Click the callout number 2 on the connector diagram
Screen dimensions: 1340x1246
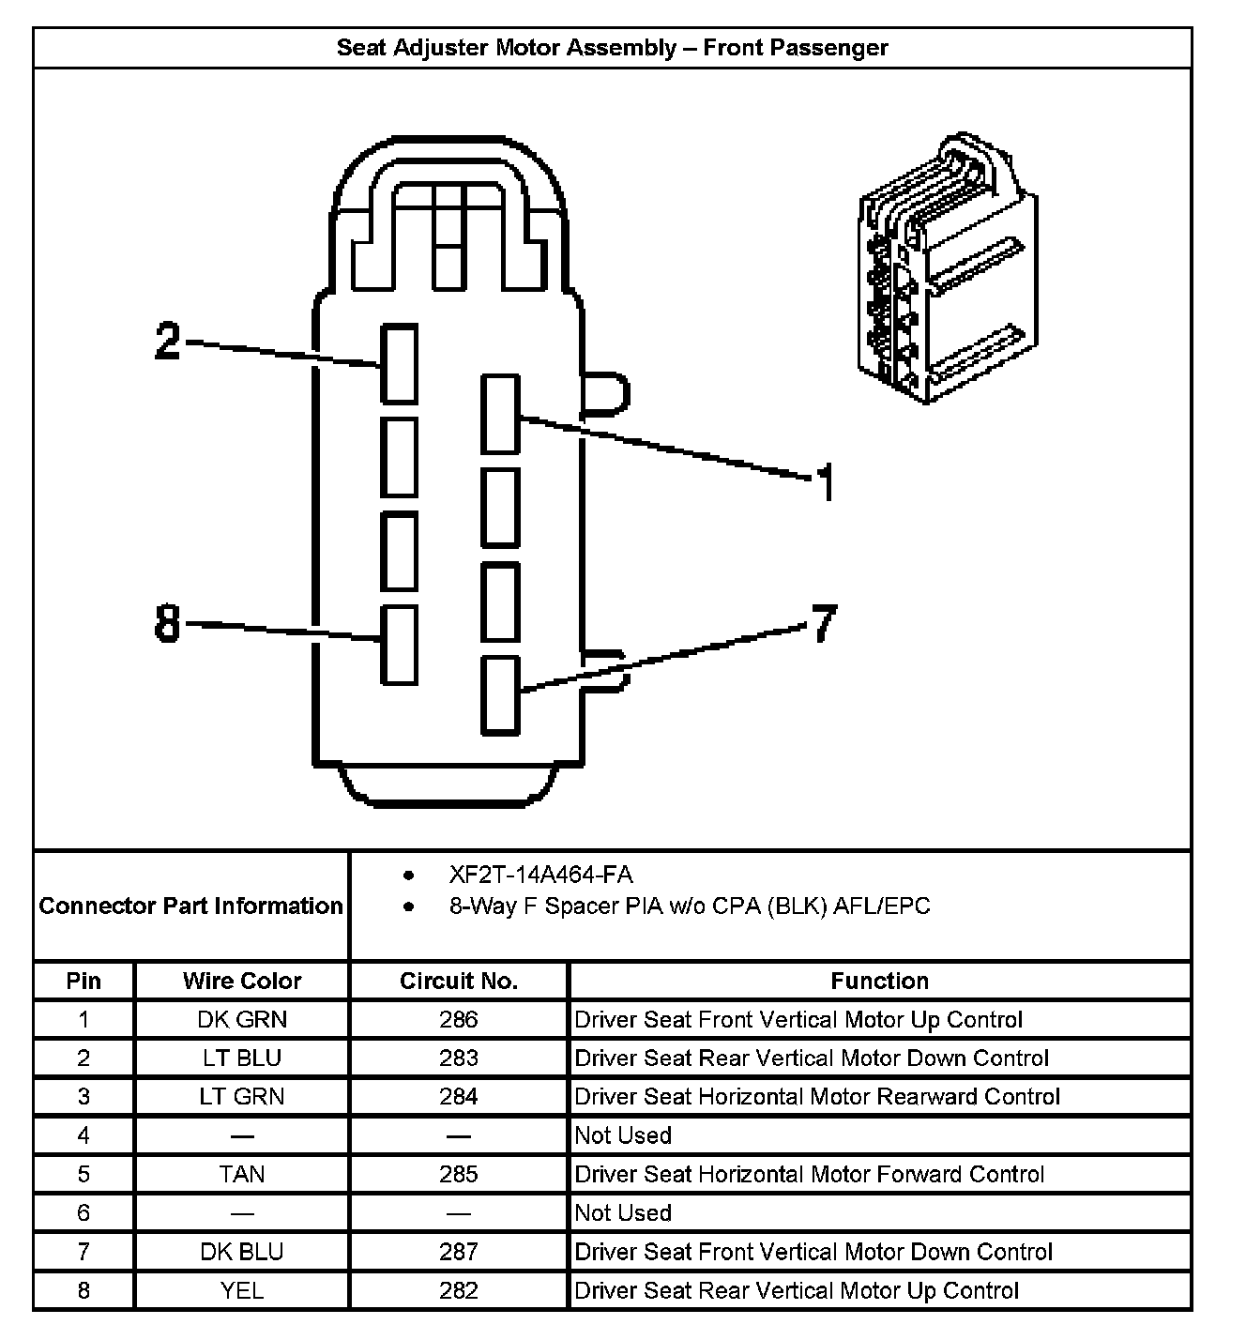tap(167, 342)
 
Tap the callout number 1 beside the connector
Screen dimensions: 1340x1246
tap(825, 482)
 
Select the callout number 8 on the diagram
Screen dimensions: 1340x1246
tap(167, 622)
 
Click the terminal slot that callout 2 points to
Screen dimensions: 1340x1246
tap(399, 364)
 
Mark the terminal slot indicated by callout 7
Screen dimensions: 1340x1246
tap(500, 694)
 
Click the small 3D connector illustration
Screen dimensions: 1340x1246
tap(947, 269)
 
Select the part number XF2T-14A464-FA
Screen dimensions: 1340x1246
tap(540, 876)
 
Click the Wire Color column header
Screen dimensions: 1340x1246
tap(242, 981)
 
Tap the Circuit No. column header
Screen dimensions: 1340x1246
tap(459, 981)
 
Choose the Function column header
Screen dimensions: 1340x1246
tap(879, 981)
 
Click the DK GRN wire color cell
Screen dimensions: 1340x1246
tap(242, 1019)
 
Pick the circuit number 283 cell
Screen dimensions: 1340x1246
tap(459, 1058)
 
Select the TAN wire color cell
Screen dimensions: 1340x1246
tap(242, 1174)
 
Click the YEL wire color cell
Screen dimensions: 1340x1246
tap(242, 1290)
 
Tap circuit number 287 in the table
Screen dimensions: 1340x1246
tap(459, 1252)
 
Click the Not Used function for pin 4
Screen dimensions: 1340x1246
tap(623, 1135)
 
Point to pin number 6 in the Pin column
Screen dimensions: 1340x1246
tap(84, 1212)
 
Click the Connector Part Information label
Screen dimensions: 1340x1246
tap(190, 906)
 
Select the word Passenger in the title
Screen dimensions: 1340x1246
tap(830, 48)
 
